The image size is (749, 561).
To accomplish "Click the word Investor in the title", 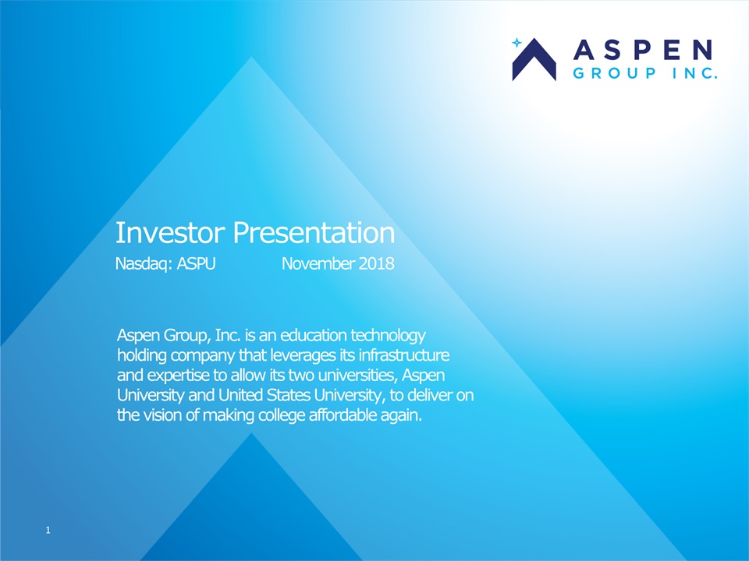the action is click(x=170, y=233).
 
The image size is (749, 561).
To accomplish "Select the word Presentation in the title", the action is click(x=314, y=233).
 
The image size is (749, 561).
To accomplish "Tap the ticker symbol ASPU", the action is click(x=197, y=263).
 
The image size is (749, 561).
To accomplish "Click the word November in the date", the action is click(x=318, y=263).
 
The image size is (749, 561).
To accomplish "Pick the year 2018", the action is click(x=376, y=263).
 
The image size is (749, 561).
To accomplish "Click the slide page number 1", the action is click(x=48, y=530).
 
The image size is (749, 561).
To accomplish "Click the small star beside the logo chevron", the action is click(x=516, y=43).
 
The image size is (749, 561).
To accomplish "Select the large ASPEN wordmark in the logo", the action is click(x=643, y=50).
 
